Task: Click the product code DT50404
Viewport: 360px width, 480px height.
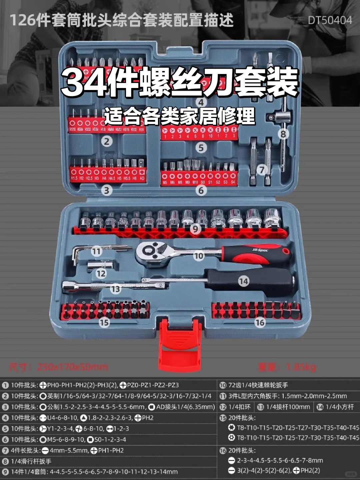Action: pos(330,20)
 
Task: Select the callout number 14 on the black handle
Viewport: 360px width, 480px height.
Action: pos(244,281)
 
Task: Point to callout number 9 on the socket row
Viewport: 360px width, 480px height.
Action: pos(196,229)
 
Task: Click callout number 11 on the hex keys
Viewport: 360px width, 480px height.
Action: pos(96,251)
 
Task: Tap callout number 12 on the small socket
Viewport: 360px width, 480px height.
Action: pos(101,274)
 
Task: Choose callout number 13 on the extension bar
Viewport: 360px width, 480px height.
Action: pos(115,289)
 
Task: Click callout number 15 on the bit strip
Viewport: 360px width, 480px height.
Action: pos(104,322)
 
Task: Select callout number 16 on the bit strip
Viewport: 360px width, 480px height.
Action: pos(260,322)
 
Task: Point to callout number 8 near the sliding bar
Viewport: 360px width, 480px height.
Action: pos(283,134)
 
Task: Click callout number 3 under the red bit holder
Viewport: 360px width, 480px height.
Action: pos(107,190)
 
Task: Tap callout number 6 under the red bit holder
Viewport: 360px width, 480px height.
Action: pos(201,190)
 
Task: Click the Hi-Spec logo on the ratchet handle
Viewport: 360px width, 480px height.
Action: pos(260,250)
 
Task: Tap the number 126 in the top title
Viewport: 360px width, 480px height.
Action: pos(22,20)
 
